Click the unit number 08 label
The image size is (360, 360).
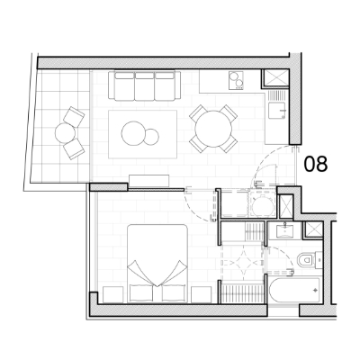coord(316,164)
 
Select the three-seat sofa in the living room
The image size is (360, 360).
coord(144,85)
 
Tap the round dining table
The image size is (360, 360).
coord(213,129)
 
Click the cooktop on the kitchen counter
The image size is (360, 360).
coord(236,80)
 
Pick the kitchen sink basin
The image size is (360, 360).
coord(276,111)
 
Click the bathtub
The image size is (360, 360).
coord(294,291)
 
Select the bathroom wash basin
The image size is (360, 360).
coord(283,230)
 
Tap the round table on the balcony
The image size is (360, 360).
coord(65,132)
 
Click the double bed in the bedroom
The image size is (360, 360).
coord(157,264)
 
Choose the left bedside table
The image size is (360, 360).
coord(112,294)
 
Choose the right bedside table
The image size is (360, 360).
coord(202,294)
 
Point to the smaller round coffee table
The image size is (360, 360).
coord(151,136)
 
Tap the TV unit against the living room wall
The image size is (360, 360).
coord(149,181)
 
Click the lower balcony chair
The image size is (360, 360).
coord(74,149)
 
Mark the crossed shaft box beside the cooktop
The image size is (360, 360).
coord(275,78)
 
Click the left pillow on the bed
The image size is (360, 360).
coord(141,292)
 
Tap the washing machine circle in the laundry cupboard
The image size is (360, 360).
coord(262,206)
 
